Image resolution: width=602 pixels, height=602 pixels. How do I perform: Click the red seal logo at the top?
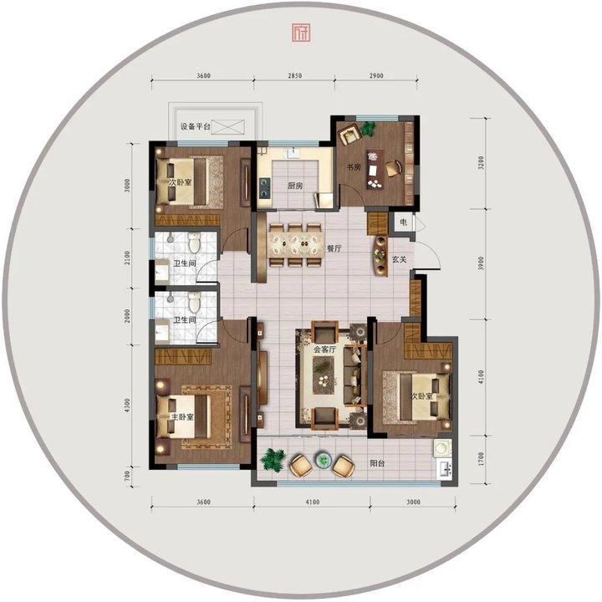[301, 33]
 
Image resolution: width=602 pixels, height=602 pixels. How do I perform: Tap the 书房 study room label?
[354, 167]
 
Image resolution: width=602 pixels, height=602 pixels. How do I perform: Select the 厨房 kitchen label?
[295, 186]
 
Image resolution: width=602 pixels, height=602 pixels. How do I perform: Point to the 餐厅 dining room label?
[334, 248]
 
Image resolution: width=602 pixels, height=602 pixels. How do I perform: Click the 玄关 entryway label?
[399, 259]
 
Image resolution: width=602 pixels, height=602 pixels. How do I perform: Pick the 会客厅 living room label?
[324, 349]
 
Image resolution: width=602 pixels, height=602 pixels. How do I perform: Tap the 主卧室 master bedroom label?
[182, 417]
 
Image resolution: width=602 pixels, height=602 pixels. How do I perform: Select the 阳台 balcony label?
[377, 463]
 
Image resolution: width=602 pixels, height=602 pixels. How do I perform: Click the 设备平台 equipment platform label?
[196, 126]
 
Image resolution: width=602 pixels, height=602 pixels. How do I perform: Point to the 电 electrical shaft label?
[403, 222]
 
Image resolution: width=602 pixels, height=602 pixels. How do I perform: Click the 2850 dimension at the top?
[295, 75]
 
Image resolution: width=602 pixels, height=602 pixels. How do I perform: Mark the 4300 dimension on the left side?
[127, 406]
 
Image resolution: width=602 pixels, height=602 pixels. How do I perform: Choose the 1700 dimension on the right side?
[482, 459]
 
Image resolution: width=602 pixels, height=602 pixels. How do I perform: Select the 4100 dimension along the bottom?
[313, 502]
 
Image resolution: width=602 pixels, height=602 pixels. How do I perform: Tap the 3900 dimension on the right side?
[482, 263]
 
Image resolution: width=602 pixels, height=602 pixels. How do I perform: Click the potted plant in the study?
[368, 128]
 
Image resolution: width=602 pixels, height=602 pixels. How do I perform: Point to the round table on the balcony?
[322, 459]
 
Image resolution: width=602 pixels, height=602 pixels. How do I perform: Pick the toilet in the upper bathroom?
[194, 242]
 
